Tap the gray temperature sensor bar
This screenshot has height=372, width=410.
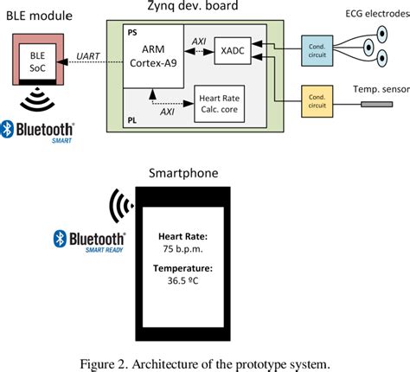click(x=381, y=105)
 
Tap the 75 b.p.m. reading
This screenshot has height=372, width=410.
click(x=183, y=247)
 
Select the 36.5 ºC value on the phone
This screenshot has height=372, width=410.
click(x=183, y=281)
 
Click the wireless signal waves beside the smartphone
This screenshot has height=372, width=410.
click(x=119, y=207)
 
